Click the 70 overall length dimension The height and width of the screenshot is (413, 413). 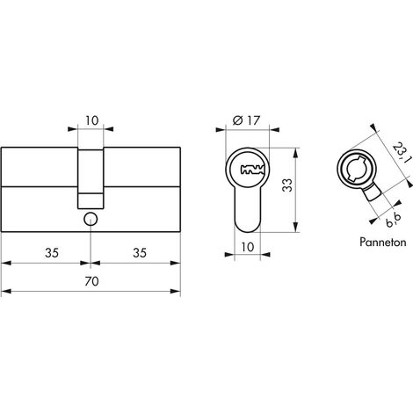pos(91,281)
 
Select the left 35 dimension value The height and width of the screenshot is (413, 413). pos(52,253)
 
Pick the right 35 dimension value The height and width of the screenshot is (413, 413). pos(140,253)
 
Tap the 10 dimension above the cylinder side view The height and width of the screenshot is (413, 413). pos(92,120)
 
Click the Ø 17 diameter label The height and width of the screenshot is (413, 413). pos(246,120)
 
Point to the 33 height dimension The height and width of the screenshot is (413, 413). pos(287,185)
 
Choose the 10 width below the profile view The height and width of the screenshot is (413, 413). pos(248,247)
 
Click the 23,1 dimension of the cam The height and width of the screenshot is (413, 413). pos(401,153)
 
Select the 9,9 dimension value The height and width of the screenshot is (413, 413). pos(394,221)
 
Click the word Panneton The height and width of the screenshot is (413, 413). pos(383,243)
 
